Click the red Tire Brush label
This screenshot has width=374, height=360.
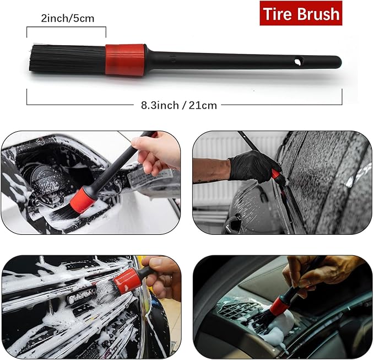tap(301, 14)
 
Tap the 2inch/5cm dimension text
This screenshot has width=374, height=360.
tap(68, 18)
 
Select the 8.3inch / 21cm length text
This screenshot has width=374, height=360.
tap(176, 105)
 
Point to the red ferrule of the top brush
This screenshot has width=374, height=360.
tap(125, 59)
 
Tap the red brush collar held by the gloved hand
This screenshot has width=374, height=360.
tap(275, 174)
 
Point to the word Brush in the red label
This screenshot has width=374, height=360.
tap(320, 14)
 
